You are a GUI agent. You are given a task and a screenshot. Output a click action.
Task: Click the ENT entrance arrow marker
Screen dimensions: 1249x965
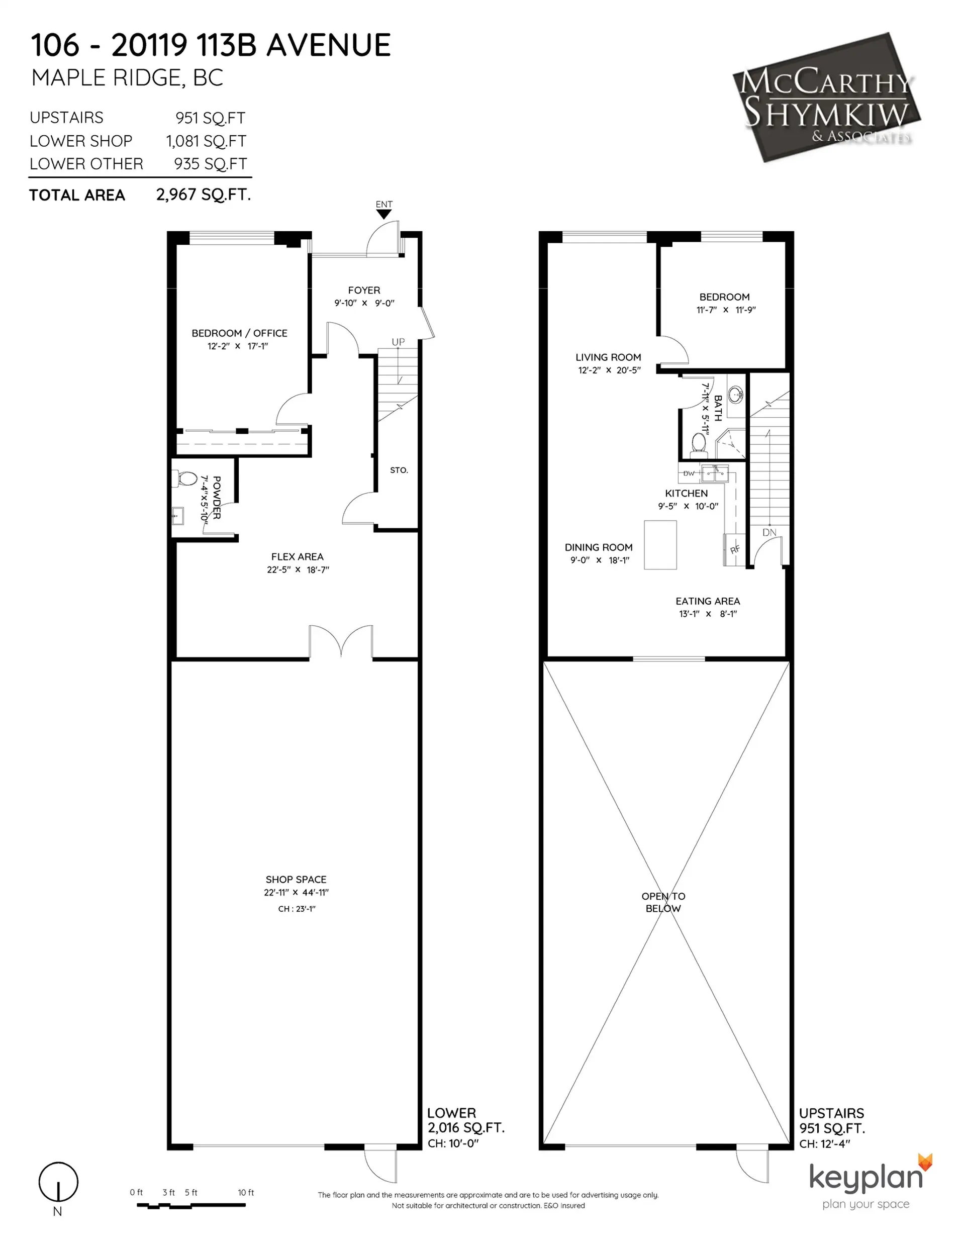pos(383,214)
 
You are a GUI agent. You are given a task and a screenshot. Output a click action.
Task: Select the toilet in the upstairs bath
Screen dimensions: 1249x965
pos(699,443)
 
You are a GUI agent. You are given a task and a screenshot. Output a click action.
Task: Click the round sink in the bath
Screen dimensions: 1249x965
pos(736,394)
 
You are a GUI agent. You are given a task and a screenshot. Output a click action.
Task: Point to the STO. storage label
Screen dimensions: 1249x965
pos(399,470)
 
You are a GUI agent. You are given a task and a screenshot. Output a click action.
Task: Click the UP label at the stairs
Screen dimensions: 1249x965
pos(398,341)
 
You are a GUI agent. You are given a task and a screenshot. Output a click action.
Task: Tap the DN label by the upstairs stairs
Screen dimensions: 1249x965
pos(769,532)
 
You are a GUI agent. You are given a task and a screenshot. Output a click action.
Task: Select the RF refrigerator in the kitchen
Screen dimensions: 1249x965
pos(734,549)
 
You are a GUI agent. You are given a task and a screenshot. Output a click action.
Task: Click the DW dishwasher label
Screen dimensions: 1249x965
pos(689,473)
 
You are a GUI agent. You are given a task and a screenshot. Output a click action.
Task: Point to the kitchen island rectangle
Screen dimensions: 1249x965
pos(660,544)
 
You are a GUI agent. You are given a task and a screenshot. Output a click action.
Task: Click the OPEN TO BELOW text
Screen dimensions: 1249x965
pos(663,902)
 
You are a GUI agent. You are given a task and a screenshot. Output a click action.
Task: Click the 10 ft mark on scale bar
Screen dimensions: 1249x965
pos(245,1192)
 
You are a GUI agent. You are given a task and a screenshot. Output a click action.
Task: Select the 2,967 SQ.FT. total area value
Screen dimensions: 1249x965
pos(203,195)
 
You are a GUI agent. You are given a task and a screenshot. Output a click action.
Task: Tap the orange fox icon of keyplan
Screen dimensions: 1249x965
pos(925,1162)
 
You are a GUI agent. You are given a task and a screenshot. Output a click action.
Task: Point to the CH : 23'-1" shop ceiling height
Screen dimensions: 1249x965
pos(297,909)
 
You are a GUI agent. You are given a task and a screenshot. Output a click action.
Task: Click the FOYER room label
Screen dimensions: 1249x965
pos(364,290)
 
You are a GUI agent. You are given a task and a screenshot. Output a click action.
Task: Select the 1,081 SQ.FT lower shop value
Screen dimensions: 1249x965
pos(206,141)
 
